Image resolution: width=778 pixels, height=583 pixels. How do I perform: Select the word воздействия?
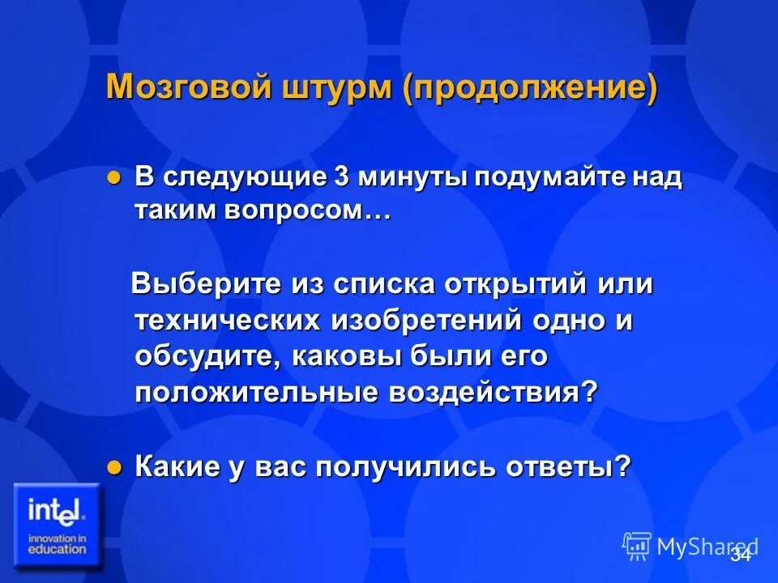494,393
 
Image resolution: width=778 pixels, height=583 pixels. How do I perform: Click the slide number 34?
740,555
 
